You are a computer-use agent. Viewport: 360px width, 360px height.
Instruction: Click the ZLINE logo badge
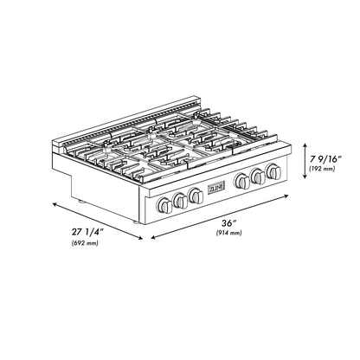click(x=216, y=188)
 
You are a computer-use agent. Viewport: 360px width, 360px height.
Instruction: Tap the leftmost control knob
click(x=164, y=205)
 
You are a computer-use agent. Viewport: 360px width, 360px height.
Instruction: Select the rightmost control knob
click(x=273, y=171)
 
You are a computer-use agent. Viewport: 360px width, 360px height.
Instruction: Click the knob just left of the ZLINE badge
click(x=196, y=196)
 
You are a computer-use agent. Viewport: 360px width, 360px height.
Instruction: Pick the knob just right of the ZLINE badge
click(x=242, y=181)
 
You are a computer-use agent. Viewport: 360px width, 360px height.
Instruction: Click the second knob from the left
click(x=180, y=200)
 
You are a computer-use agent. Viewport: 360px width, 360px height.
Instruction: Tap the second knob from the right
click(x=258, y=176)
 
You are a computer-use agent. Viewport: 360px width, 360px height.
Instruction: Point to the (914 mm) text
click(x=229, y=233)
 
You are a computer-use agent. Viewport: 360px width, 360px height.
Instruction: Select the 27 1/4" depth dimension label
click(x=87, y=232)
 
